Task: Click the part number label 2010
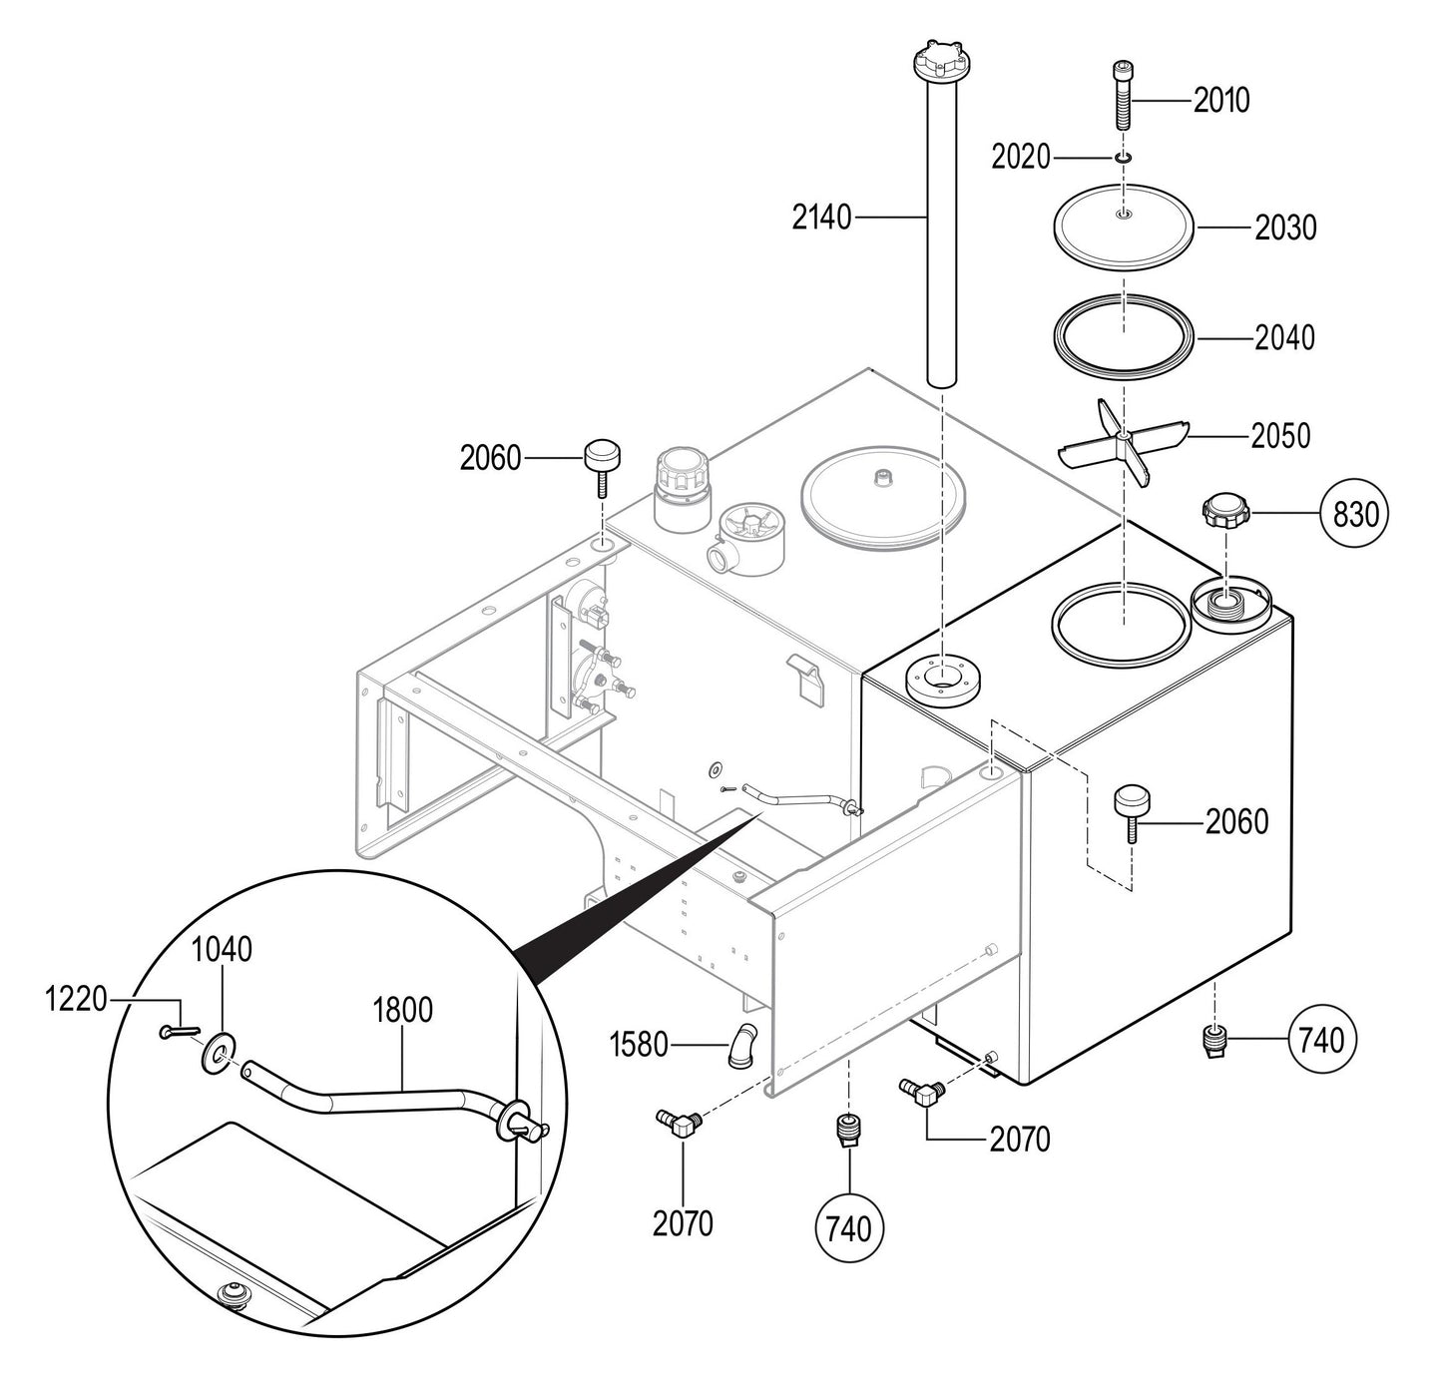(1221, 101)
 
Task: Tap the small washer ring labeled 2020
(1124, 158)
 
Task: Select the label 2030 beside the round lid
(1285, 229)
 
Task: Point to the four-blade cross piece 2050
(1124, 441)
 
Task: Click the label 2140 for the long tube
(821, 217)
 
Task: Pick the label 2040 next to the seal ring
(1284, 338)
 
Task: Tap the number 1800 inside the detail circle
(402, 1010)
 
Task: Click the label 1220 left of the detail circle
(76, 998)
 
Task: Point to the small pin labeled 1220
(179, 1032)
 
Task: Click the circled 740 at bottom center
(849, 1228)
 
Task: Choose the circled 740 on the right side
(1322, 1041)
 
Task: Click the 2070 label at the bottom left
(683, 1223)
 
